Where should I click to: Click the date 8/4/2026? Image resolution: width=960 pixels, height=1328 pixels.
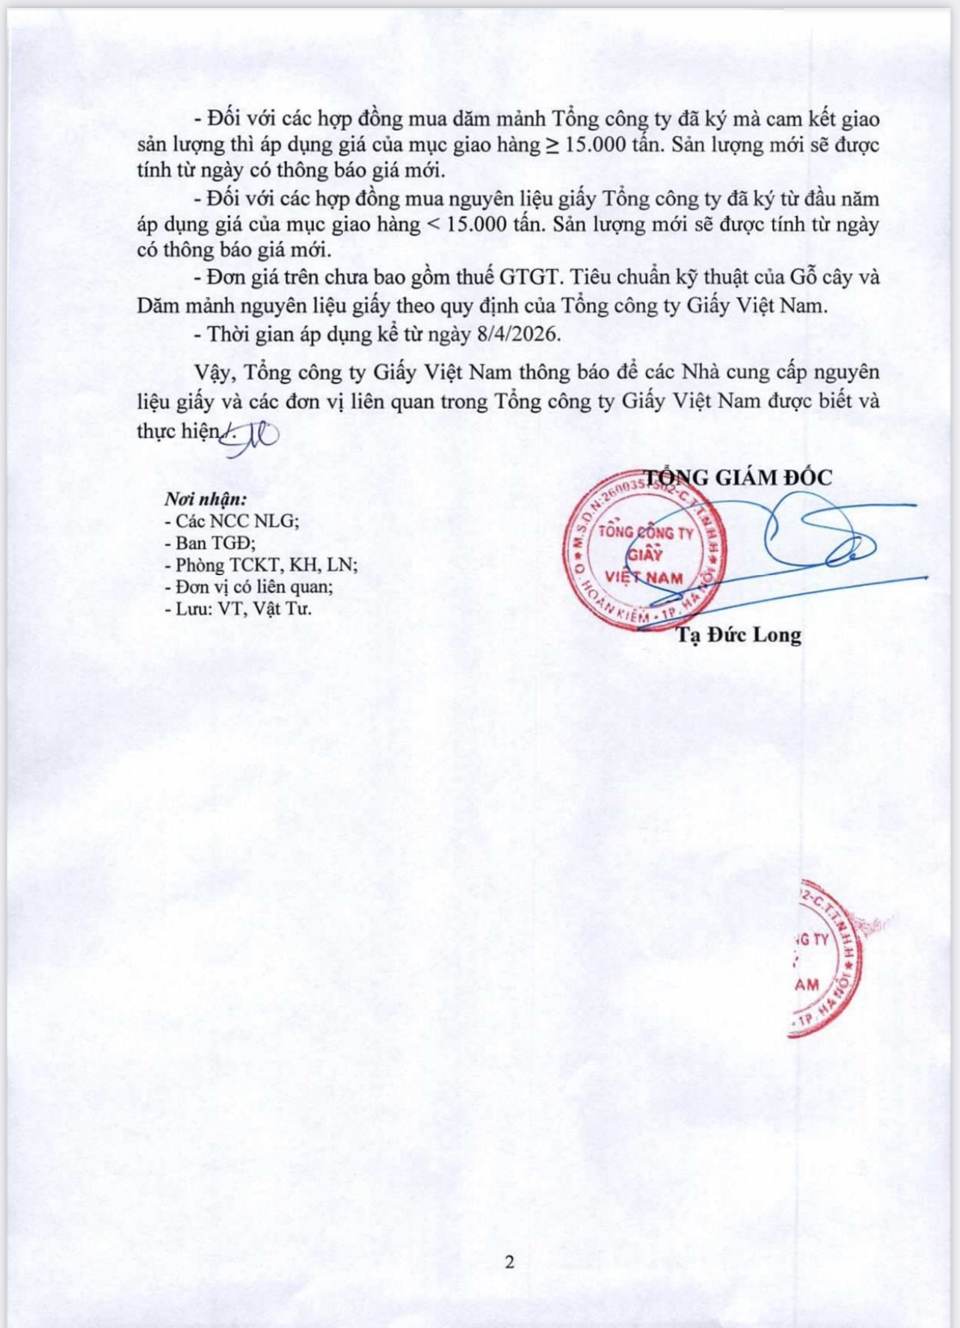517,333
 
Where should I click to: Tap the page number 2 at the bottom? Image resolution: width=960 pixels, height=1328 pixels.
510,1262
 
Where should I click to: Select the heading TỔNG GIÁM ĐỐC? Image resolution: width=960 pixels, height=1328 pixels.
738,477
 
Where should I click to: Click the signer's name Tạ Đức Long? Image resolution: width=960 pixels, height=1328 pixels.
739,635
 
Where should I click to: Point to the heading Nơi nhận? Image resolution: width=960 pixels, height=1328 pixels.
205,499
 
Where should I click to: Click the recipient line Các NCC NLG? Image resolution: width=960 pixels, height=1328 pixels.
232,520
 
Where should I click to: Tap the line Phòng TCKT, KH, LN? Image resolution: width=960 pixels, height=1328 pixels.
261,565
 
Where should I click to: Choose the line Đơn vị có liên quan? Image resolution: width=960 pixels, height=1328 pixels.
249,586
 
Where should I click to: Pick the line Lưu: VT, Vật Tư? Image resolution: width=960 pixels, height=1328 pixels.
238,609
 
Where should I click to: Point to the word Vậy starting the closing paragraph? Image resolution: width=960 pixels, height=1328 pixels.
212,372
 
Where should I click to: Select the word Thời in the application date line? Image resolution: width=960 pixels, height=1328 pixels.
228,333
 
